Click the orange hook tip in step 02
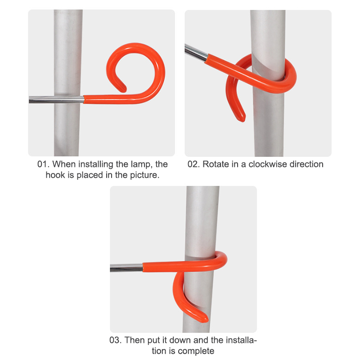click(x=243, y=119)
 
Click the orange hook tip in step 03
click(x=205, y=319)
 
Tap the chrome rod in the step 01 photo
click(x=56, y=99)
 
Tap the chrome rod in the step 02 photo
click(x=196, y=53)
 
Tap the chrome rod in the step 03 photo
click(x=126, y=268)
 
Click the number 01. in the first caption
click(x=43, y=164)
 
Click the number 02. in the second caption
click(x=193, y=164)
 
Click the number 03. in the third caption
click(x=116, y=340)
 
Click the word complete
click(x=196, y=351)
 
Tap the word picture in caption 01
click(x=144, y=175)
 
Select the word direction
click(x=306, y=164)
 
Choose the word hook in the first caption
click(x=55, y=175)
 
